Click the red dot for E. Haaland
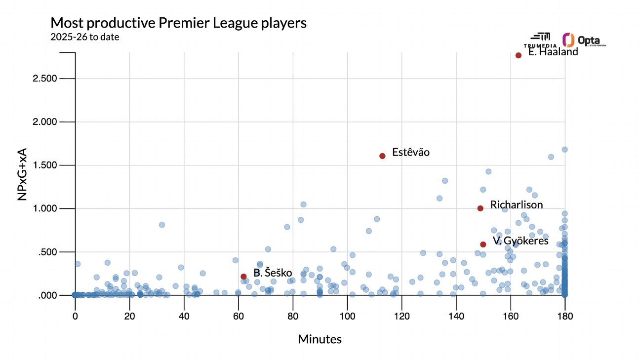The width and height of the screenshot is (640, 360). (519, 55)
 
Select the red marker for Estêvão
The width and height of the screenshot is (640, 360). (382, 156)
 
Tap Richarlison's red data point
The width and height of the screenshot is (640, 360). (480, 208)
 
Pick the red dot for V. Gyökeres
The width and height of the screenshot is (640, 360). (483, 244)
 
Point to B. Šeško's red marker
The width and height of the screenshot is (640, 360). (243, 277)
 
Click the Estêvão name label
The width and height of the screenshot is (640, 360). (411, 153)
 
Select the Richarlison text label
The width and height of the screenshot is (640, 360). (517, 205)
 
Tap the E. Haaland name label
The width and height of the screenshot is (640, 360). (553, 52)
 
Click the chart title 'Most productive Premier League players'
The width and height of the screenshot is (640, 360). (179, 23)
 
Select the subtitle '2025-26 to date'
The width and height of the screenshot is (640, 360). (85, 37)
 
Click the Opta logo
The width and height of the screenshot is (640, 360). (584, 40)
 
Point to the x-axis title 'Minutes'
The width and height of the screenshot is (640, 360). (320, 339)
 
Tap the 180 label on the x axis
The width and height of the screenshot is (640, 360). (565, 316)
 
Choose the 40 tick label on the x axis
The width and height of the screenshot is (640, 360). (184, 316)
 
